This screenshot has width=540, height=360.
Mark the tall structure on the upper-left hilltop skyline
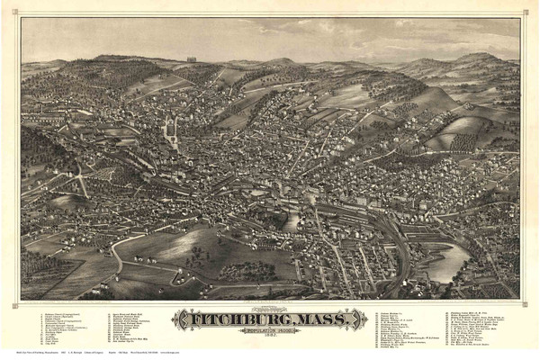191,59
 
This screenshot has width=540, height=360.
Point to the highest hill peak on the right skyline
477,56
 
